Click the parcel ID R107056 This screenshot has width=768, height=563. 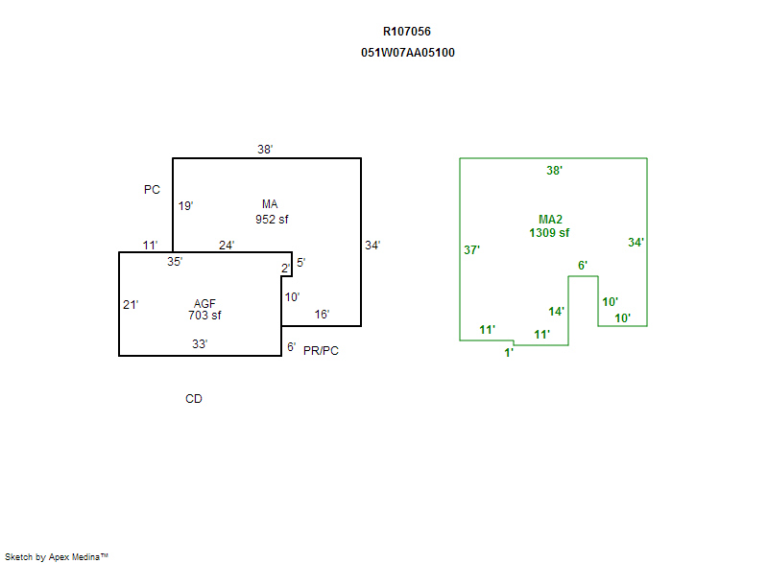coord(407,32)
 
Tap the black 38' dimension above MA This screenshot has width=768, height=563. coord(265,150)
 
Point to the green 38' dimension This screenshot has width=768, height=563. coord(554,171)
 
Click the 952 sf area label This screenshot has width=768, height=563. coord(272,220)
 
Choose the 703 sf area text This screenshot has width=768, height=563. coord(204,316)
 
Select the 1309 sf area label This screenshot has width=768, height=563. coord(549,233)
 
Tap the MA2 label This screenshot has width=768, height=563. coord(550,220)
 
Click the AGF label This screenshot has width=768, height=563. coord(204,304)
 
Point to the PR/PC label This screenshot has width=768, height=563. coord(321,351)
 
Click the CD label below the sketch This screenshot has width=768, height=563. coord(194,399)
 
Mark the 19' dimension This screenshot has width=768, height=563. coord(186,206)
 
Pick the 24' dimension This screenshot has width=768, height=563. coord(227,246)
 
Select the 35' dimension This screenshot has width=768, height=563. coord(175,261)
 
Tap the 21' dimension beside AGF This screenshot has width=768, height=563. coord(131,305)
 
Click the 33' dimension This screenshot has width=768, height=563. coord(199,343)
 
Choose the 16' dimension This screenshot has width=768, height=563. coord(323,315)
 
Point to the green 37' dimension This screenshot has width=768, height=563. coord(471,250)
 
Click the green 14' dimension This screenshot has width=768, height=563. coord(557,312)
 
